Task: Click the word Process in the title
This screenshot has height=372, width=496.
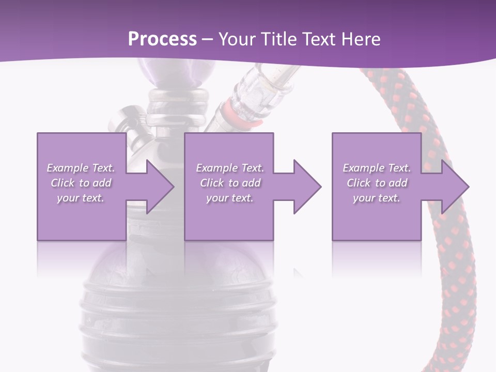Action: click(162, 39)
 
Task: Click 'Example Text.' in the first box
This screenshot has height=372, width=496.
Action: click(81, 168)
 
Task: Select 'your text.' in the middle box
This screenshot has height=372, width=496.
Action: click(229, 198)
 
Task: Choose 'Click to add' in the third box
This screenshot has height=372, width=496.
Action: click(377, 183)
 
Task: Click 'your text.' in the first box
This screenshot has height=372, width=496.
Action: click(81, 198)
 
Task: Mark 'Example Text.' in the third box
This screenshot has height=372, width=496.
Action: click(377, 168)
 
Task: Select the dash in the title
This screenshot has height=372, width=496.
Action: click(207, 40)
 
